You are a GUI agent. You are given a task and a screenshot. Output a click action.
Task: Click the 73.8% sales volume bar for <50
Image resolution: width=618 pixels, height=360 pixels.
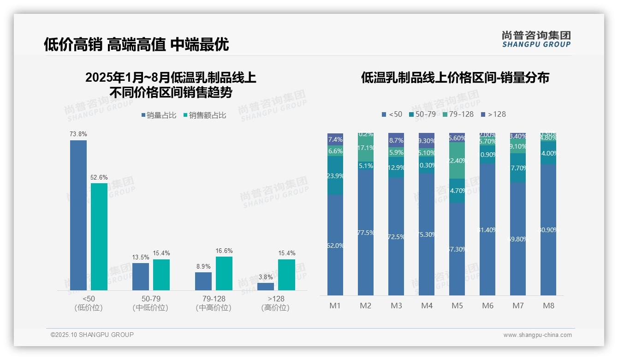(78, 215)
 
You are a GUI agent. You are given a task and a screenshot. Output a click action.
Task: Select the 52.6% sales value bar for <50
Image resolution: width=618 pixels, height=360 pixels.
(99, 236)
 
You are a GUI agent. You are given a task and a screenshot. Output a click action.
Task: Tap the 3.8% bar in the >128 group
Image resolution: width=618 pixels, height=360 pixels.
(266, 287)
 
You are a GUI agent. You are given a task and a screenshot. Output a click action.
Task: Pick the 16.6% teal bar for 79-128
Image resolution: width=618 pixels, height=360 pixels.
(224, 273)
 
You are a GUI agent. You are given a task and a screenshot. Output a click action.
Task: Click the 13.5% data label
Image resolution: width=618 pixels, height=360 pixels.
(141, 257)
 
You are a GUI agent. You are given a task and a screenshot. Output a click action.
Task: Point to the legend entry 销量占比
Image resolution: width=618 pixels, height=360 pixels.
(159, 115)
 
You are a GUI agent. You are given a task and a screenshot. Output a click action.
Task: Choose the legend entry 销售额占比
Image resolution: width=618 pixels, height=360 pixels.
(205, 115)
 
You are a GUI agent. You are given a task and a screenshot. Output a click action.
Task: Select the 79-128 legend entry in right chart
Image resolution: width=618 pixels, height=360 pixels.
(458, 114)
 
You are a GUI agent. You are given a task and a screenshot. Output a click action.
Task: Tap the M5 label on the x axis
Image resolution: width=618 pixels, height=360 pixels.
(457, 306)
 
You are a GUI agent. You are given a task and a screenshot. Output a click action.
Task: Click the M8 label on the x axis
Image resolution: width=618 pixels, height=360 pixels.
(548, 306)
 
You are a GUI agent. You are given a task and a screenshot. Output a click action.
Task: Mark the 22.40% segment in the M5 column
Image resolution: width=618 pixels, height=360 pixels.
(457, 161)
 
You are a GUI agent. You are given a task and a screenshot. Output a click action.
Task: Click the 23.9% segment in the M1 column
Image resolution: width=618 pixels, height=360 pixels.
(335, 176)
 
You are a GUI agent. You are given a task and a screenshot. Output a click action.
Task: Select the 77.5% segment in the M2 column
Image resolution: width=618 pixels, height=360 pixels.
(366, 233)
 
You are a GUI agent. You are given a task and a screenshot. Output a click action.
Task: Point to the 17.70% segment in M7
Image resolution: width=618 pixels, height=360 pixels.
(518, 168)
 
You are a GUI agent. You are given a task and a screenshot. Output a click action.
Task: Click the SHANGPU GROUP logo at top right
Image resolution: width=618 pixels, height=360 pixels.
(536, 39)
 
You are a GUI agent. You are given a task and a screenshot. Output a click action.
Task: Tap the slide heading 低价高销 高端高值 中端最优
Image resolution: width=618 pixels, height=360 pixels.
(136, 44)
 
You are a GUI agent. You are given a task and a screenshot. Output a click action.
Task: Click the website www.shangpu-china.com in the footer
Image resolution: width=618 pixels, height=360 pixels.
(537, 335)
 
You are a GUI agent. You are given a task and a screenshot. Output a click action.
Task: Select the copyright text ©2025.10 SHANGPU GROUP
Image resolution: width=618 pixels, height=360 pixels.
(92, 335)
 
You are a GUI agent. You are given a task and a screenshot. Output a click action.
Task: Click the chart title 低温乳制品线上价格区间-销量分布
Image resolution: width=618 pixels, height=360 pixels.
(455, 78)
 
